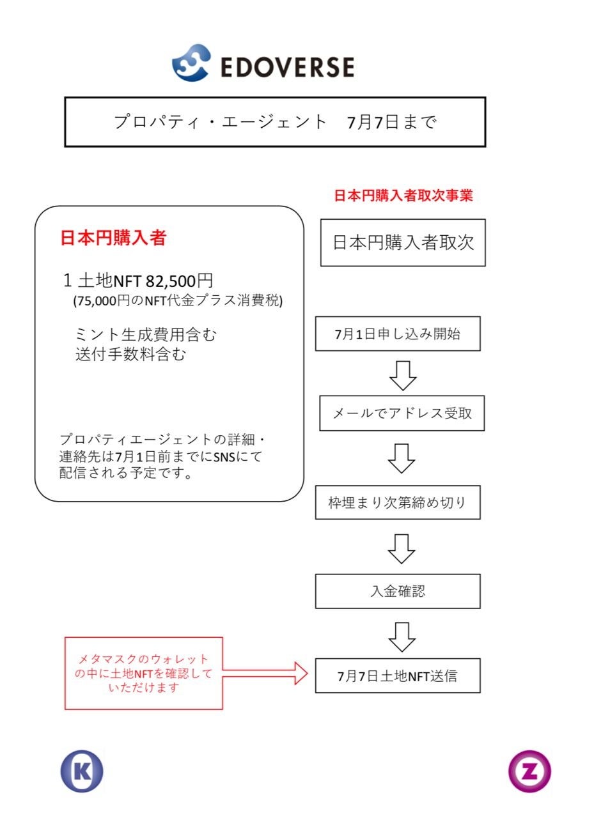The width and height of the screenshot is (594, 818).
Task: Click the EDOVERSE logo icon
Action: click(x=191, y=63)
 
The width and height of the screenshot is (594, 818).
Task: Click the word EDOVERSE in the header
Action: click(x=287, y=67)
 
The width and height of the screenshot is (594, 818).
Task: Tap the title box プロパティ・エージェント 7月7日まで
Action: click(x=275, y=122)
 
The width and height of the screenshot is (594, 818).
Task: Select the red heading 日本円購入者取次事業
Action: click(x=403, y=196)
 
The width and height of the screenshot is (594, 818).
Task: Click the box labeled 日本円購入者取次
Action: click(x=403, y=243)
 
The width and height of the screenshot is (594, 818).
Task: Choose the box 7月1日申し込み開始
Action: click(x=397, y=334)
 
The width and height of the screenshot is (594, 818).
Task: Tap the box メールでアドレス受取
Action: click(x=402, y=413)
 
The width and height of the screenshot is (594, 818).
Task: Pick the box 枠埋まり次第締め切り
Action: click(x=397, y=502)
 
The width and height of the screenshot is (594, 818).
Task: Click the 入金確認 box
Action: click(x=397, y=591)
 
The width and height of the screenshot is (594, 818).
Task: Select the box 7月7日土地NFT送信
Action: click(x=397, y=675)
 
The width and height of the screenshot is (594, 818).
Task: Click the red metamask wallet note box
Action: click(x=144, y=673)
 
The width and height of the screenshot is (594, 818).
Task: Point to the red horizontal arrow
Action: click(x=265, y=672)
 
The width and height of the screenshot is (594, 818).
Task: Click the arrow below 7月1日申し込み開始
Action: click(x=403, y=375)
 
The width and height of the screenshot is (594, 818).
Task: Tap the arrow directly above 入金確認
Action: click(x=402, y=548)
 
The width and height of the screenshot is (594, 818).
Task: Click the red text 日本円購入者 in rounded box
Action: click(x=113, y=238)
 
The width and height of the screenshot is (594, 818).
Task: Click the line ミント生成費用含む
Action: click(x=146, y=334)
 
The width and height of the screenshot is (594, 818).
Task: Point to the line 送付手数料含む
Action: click(x=130, y=354)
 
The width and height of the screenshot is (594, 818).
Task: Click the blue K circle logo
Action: click(x=82, y=771)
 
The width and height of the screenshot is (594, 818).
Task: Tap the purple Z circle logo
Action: click(x=529, y=771)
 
